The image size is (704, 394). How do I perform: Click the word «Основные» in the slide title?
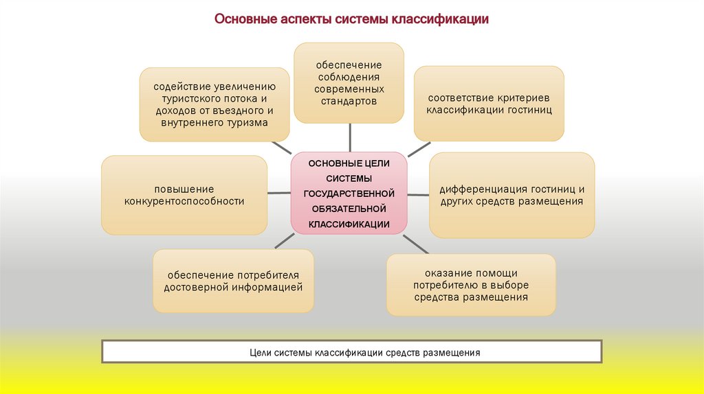tap(245, 19)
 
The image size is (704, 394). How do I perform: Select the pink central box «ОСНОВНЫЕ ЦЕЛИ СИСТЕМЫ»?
tap(349, 193)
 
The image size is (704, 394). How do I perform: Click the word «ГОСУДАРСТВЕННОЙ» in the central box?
tap(349, 194)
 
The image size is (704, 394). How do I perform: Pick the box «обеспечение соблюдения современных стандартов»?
tap(349, 82)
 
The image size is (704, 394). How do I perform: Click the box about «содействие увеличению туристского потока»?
tap(214, 104)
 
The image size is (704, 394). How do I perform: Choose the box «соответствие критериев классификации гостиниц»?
tap(489, 104)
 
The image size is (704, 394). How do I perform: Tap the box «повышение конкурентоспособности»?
tap(184, 195)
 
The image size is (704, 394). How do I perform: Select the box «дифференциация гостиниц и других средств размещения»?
tap(511, 195)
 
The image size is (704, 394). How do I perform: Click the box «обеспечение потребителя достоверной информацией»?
tap(233, 281)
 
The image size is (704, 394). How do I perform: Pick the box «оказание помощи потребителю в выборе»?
tap(471, 285)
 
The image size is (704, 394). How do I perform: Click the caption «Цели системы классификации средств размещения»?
tap(351, 352)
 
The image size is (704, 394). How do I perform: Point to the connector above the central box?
tap(349, 137)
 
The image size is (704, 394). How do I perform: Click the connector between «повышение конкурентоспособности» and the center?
tap(278, 193)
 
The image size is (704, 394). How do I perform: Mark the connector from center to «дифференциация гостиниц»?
tap(418, 194)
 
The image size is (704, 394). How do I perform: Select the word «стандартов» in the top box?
tap(349, 101)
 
